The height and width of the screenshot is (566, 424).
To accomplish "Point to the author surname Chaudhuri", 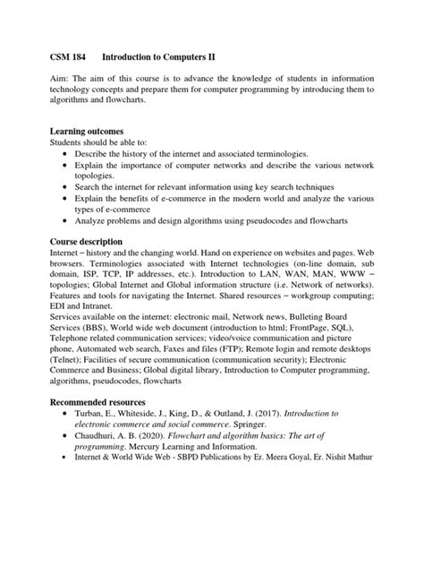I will pyautogui.click(x=102, y=433).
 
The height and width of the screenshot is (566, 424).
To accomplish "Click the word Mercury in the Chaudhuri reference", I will pyautogui.click(x=152, y=444).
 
